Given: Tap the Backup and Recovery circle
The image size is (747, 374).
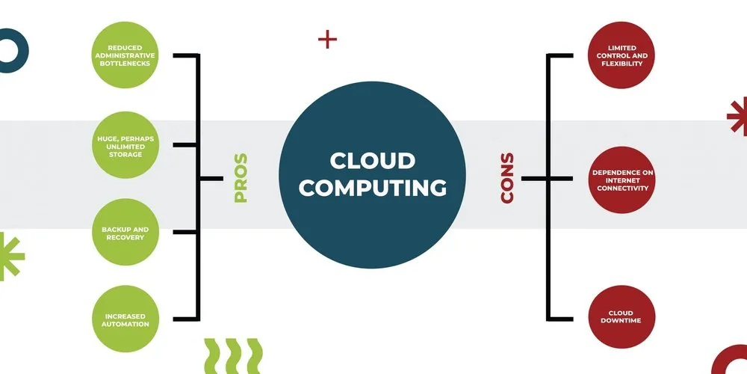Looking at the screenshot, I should [124, 232].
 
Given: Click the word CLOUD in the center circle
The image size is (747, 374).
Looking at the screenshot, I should [373, 161].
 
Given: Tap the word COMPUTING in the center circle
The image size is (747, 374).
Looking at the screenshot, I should [373, 187].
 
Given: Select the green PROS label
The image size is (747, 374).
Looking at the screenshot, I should [241, 178].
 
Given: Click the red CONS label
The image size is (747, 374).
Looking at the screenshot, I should [507, 178].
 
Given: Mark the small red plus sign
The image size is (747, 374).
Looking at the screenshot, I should [327, 39].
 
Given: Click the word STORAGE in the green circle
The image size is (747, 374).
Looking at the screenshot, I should [124, 155].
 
